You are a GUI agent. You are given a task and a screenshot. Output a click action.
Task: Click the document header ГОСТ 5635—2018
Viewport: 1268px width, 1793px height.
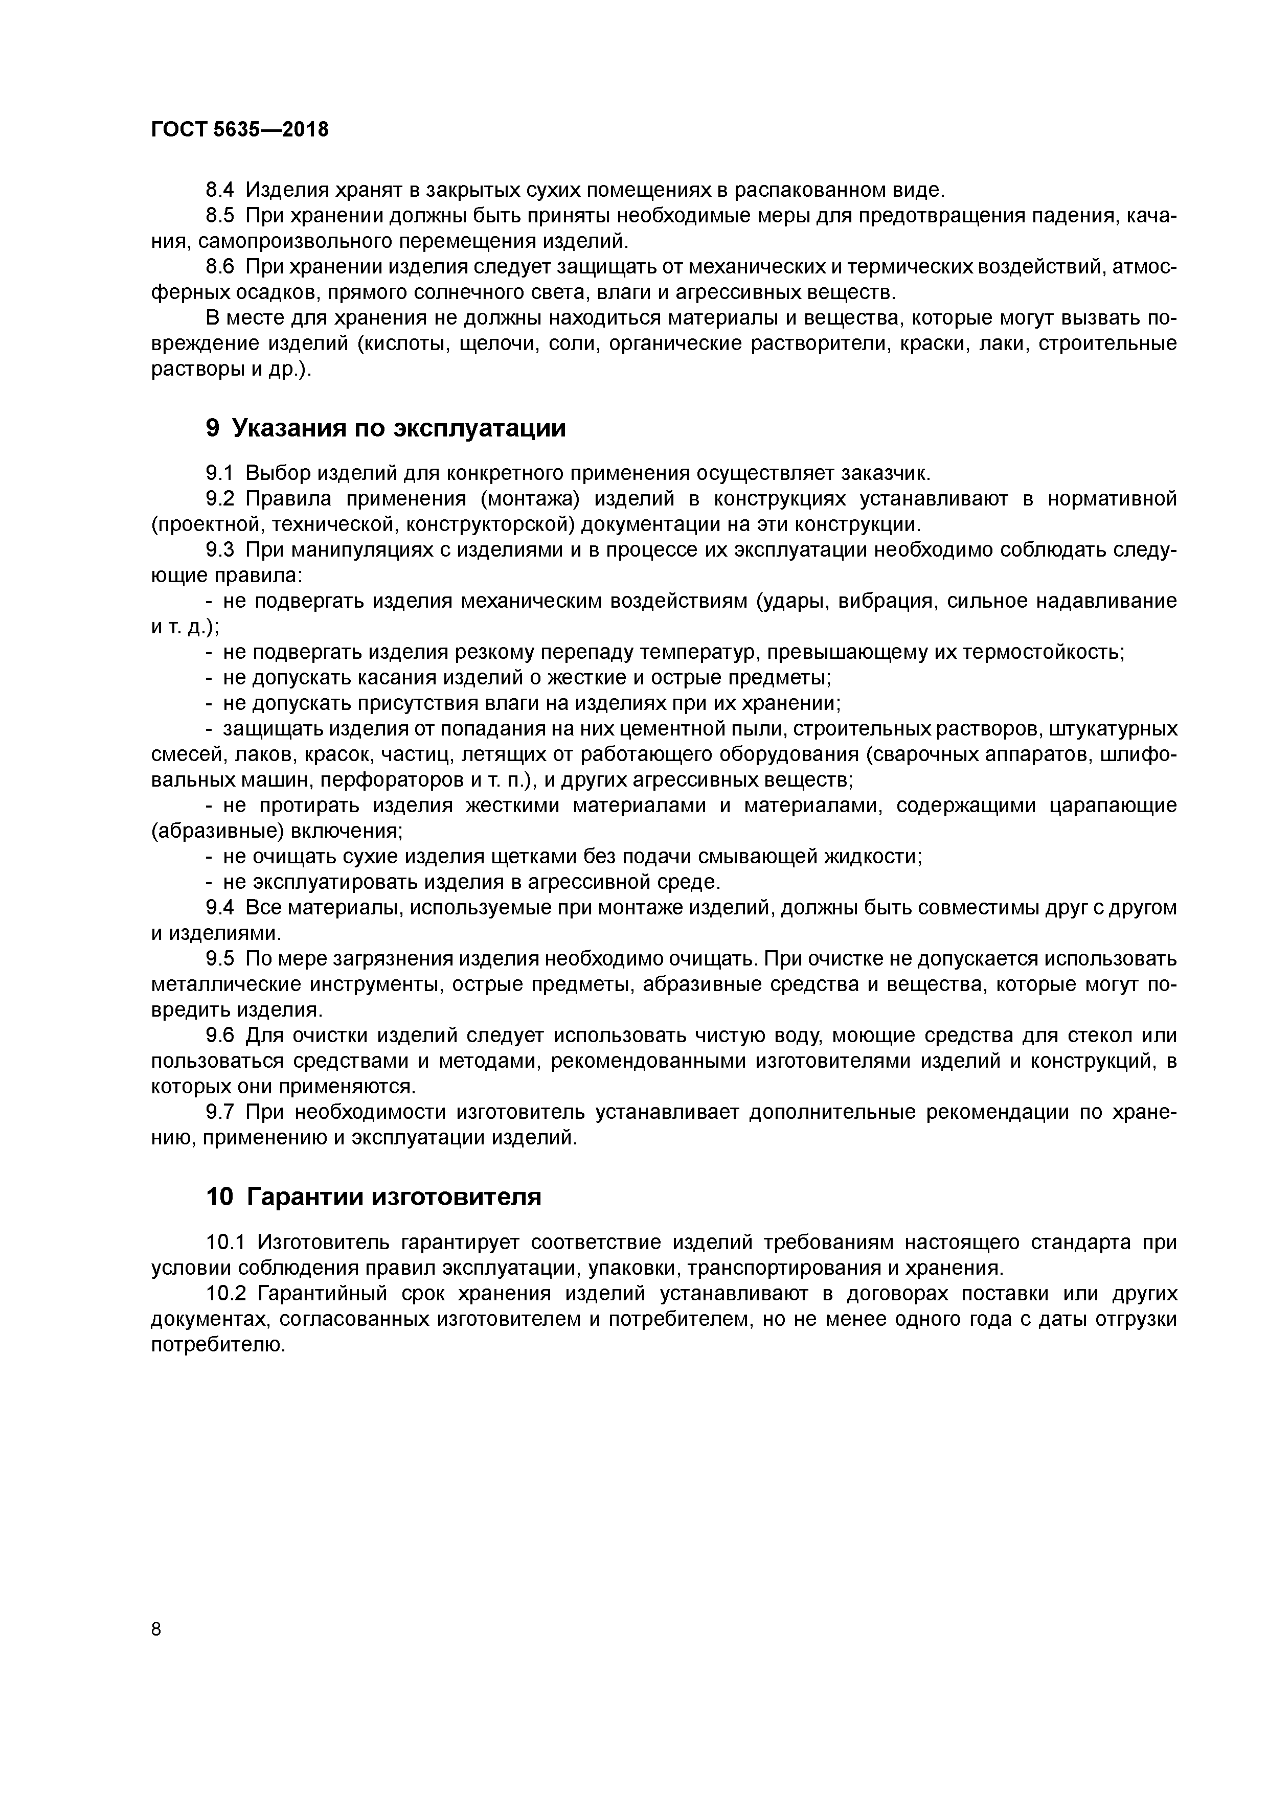click(x=239, y=130)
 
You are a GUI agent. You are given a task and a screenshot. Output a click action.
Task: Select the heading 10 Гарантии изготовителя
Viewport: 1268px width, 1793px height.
click(x=373, y=1197)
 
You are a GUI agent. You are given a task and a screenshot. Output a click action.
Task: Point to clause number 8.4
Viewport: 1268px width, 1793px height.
click(x=219, y=190)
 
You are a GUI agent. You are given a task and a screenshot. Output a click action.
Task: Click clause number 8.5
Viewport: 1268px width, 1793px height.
click(x=219, y=216)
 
